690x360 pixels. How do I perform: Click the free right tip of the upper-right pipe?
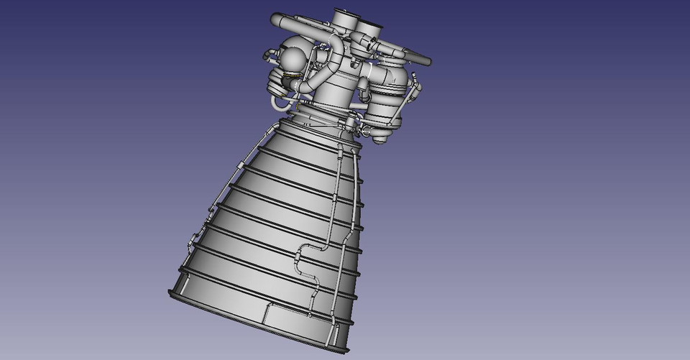point(428,60)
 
